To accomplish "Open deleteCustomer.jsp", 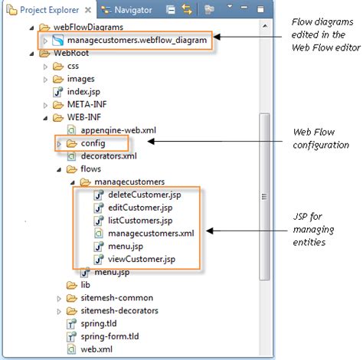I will (145, 195).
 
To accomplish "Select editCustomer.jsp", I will (140, 208).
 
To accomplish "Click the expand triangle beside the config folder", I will (59, 143).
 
